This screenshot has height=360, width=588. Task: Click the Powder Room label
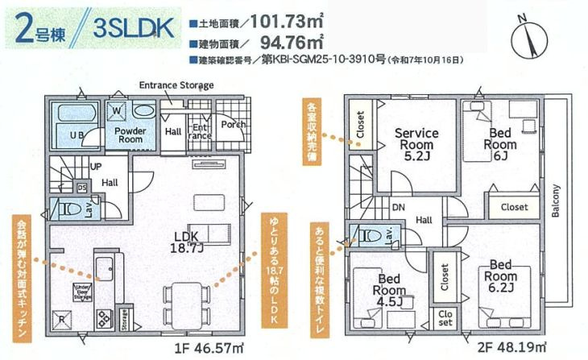tap(128, 134)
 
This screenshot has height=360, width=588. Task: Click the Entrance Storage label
tap(176, 85)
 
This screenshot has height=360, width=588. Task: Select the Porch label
tap(233, 125)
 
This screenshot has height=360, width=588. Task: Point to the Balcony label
tap(556, 197)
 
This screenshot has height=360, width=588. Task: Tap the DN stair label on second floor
tap(397, 205)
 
